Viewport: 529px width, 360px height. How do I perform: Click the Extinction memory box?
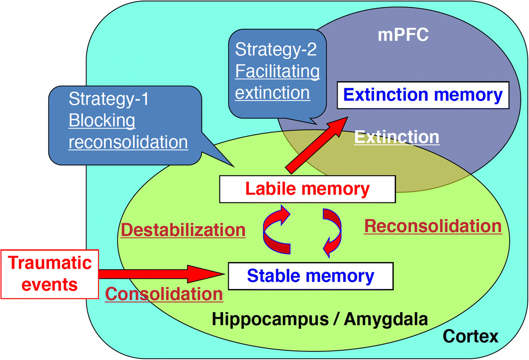[x=422, y=95]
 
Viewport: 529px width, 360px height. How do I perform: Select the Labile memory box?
[x=307, y=189]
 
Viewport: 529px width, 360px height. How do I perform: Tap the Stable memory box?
[x=310, y=276]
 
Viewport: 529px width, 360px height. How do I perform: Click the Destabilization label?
[x=183, y=230]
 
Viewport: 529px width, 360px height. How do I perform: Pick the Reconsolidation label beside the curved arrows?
[x=432, y=226]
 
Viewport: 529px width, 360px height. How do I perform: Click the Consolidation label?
[x=164, y=294]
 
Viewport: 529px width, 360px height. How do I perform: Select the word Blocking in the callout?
[x=102, y=121]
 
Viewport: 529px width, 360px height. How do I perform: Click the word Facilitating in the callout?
[x=278, y=72]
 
